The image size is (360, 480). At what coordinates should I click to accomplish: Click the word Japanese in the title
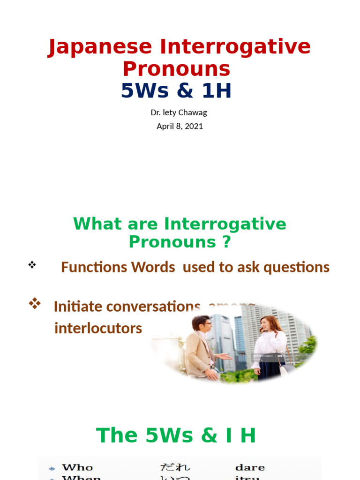100,47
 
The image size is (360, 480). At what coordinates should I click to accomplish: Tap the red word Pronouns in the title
176,69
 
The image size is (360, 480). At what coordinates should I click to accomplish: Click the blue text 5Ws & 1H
176,90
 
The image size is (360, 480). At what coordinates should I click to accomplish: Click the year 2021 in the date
194,126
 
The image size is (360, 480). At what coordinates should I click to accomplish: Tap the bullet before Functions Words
32,265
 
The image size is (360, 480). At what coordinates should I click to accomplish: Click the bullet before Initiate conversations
34,303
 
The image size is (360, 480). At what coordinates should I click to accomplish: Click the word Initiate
77,307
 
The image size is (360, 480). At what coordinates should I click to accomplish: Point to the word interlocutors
98,328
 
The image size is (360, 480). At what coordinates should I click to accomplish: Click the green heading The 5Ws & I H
176,435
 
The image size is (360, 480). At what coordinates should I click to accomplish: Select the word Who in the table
78,467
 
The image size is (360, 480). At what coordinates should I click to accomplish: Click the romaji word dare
250,467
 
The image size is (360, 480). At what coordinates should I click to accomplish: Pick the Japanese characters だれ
175,467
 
